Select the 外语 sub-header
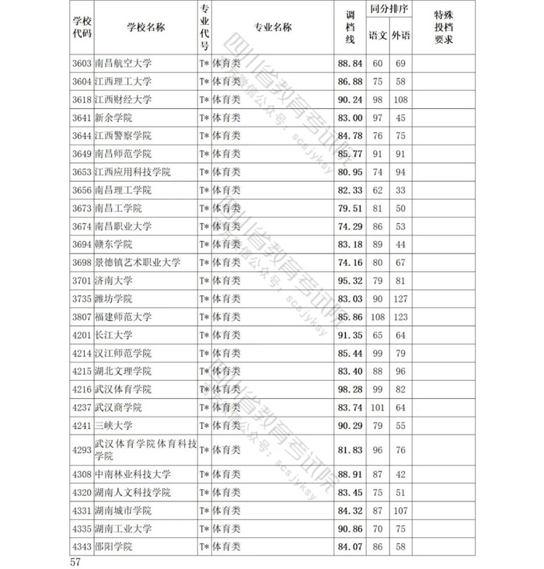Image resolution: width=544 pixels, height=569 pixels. point(401,36)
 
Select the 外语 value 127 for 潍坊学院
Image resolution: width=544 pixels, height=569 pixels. point(401,298)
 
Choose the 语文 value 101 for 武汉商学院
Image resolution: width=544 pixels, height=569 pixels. point(378,407)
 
